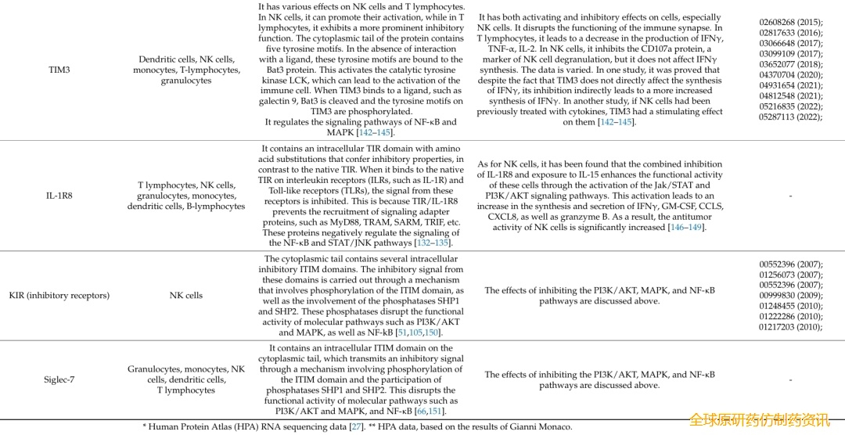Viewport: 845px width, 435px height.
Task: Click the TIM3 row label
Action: tap(59, 70)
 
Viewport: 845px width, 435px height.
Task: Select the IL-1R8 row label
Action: tap(59, 196)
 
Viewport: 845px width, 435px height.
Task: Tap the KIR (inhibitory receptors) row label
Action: tap(59, 296)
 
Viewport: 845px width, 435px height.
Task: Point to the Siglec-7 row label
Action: tap(59, 379)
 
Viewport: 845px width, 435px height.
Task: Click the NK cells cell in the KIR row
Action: tap(185, 296)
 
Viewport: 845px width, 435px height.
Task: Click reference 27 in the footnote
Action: tap(356, 426)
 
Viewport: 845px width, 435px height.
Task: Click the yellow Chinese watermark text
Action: tap(758, 420)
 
